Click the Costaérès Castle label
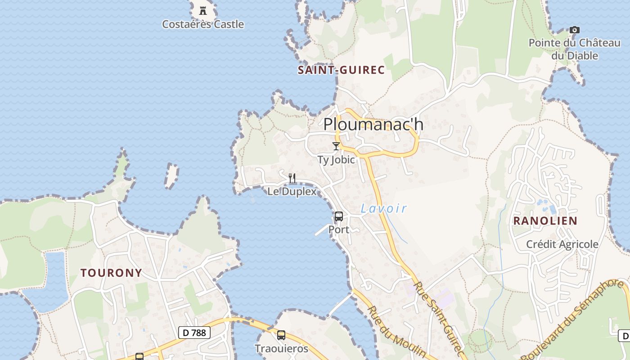(203, 24)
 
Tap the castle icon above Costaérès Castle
(203, 10)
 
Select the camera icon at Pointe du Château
(574, 30)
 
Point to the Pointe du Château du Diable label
(575, 49)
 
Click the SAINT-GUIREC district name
(341, 70)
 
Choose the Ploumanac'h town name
(373, 124)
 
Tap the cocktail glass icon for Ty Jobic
(336, 146)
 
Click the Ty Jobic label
(336, 160)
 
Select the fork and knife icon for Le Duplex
(292, 178)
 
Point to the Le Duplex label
(292, 191)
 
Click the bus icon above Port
(339, 216)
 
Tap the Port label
(339, 229)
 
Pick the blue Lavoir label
(384, 208)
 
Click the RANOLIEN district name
(545, 221)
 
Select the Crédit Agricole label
(562, 244)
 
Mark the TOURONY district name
(111, 273)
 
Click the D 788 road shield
(194, 333)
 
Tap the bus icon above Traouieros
(281, 335)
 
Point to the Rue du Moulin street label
(396, 332)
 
